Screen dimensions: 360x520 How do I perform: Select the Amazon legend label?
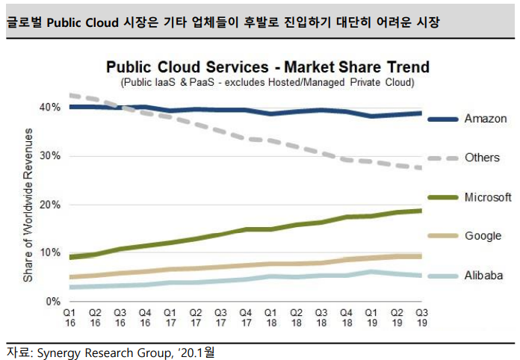(486, 119)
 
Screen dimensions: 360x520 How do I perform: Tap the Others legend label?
(483, 158)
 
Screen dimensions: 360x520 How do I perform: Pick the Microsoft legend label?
(488, 197)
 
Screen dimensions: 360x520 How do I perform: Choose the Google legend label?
(483, 236)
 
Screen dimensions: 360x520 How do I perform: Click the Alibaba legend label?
(483, 276)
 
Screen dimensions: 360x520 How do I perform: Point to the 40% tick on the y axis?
(51, 108)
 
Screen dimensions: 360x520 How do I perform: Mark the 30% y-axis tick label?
(51, 156)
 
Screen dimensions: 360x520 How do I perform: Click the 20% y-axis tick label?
(51, 205)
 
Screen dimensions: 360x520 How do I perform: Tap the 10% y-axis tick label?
(51, 252)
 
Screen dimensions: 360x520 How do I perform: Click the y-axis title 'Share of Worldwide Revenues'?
(28, 205)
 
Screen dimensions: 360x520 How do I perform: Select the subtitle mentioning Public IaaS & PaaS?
(267, 81)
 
